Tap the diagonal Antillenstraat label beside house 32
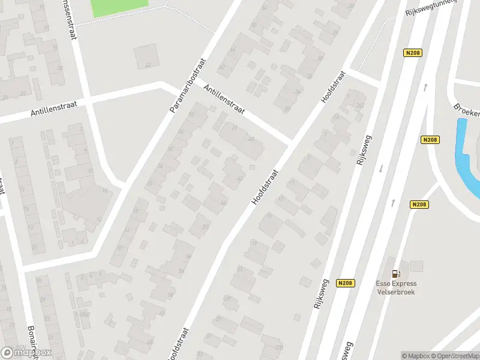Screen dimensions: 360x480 point(225,100)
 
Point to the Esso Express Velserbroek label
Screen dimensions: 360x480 point(396,287)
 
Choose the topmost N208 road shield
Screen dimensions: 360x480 point(413,53)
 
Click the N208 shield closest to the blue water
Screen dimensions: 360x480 point(430,140)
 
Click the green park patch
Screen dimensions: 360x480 point(119,7)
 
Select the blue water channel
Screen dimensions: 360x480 point(467,159)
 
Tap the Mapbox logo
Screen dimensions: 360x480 point(26,353)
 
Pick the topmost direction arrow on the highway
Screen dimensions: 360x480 point(425,88)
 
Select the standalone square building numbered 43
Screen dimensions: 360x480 point(145,56)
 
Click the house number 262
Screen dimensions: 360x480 point(360,105)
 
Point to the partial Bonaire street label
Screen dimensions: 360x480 point(31,341)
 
